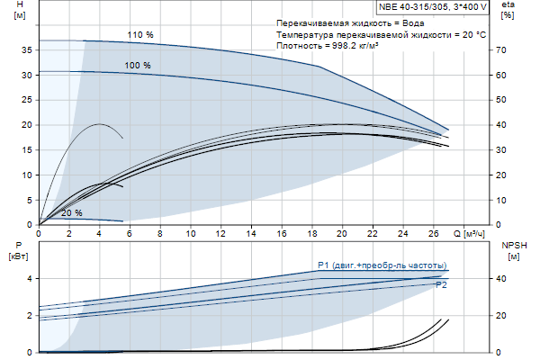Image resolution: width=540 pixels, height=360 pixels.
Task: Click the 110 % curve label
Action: pyautogui.click(x=140, y=35)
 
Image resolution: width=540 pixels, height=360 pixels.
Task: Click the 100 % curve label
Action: pyautogui.click(x=138, y=66)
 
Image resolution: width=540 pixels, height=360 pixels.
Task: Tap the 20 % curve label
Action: pyautogui.click(x=71, y=213)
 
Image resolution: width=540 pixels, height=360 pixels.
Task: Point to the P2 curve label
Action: pyautogui.click(x=441, y=284)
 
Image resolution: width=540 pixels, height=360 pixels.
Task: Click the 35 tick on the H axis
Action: pyautogui.click(x=26, y=50)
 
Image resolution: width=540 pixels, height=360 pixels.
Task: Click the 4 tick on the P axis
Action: pyautogui.click(x=29, y=279)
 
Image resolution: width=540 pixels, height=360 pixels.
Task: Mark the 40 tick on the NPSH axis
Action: pyautogui.click(x=505, y=279)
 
